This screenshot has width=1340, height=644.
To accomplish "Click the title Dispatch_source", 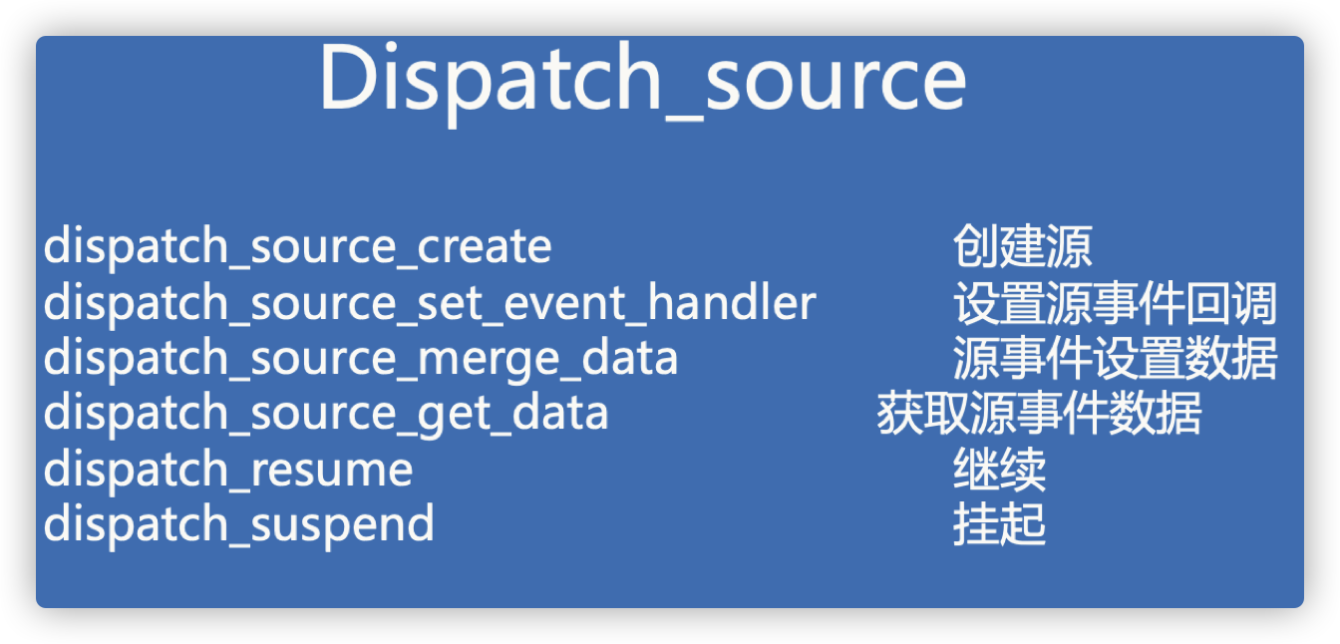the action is click(642, 81).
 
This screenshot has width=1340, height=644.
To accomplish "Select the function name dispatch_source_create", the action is click(297, 246).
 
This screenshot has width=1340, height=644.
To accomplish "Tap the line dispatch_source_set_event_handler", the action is click(430, 302).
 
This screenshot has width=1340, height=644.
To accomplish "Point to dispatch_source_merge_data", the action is click(361, 358).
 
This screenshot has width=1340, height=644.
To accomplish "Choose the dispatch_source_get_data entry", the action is click(326, 413).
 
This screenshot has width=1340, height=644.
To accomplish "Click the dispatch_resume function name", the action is click(228, 469).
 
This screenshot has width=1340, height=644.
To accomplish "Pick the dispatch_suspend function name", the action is click(239, 524).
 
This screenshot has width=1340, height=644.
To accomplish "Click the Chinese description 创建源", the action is click(1022, 246).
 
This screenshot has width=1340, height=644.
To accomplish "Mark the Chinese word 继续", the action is click(999, 470).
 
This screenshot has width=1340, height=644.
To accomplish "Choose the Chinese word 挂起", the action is click(999, 524).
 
